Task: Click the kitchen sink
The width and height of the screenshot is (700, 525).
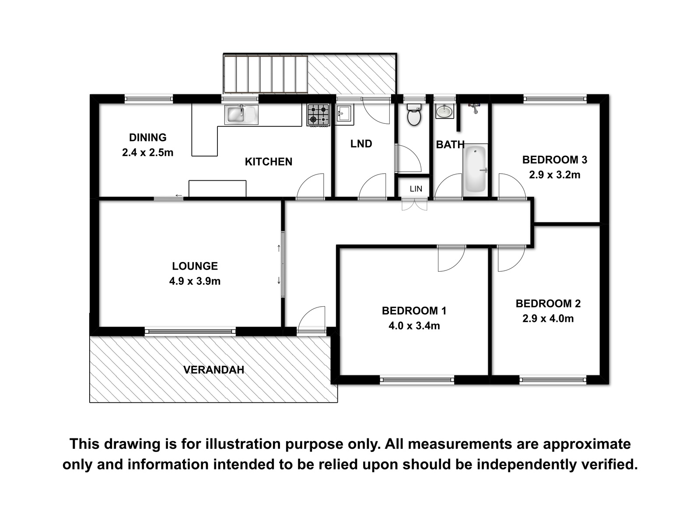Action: (x=241, y=115)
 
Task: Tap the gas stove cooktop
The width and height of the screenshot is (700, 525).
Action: (x=318, y=115)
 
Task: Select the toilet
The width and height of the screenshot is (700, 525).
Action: (x=414, y=114)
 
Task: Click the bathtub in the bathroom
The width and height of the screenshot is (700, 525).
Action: (x=476, y=169)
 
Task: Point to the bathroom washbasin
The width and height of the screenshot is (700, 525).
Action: (x=444, y=111)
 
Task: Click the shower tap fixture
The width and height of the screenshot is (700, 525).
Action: (x=475, y=108)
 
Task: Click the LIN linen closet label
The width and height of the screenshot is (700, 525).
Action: (x=416, y=189)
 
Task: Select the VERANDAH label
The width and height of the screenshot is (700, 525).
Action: (x=214, y=370)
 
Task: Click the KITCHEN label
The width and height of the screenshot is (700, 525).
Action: (x=269, y=161)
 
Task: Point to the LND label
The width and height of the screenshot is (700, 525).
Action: (x=361, y=144)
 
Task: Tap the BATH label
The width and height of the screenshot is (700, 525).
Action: (x=450, y=145)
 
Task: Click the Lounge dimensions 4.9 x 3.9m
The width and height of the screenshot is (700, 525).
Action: (x=195, y=281)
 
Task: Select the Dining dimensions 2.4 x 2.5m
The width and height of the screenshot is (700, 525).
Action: (x=147, y=152)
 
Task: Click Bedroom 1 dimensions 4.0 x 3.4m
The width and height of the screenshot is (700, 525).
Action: (x=414, y=326)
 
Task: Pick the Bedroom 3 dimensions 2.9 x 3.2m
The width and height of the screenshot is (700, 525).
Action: (x=555, y=175)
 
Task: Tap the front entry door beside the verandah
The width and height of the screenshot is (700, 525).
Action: (x=311, y=320)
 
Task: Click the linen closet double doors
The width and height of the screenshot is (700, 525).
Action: (x=414, y=204)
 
